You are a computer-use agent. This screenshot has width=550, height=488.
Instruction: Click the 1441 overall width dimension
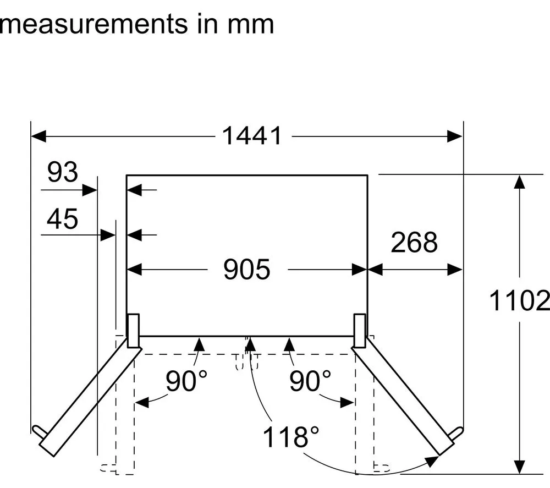[x=252, y=136]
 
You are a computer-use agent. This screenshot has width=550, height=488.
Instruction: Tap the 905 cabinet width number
[x=247, y=270]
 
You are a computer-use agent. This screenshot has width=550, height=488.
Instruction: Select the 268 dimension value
[x=414, y=242]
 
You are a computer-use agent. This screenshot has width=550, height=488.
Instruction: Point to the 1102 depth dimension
[x=519, y=300]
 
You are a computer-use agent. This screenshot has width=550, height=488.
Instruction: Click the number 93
[x=63, y=172]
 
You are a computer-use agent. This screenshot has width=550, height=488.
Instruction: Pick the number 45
[x=63, y=219]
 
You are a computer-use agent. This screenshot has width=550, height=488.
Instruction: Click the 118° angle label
[x=291, y=437]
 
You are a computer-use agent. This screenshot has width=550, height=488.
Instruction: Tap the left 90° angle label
[x=186, y=381]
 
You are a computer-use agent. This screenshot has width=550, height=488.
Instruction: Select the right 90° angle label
[x=310, y=381]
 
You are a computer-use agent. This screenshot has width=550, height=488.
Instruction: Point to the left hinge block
[x=133, y=331]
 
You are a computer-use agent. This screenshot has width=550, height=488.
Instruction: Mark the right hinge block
[x=360, y=331]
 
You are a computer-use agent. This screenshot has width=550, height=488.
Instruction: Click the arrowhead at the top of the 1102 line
[x=519, y=182]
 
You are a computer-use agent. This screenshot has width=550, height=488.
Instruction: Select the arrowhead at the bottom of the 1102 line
[x=519, y=467]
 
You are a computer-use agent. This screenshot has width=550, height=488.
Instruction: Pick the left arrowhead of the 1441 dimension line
[x=38, y=136]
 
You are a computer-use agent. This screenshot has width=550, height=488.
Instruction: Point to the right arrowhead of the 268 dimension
[x=455, y=270]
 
